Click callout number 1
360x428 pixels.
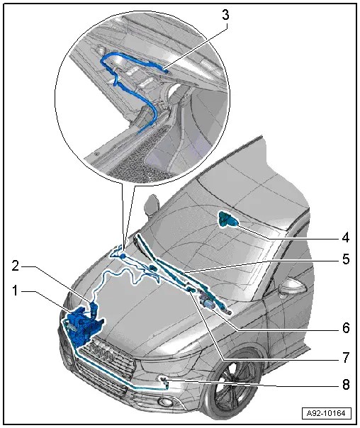15,291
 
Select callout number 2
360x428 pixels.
16,266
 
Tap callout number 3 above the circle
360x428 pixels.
225,16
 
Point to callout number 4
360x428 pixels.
346,238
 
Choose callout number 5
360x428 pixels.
346,259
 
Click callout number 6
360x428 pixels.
346,327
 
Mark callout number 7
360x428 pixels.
346,358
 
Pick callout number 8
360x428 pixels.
346,385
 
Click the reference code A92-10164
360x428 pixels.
326,413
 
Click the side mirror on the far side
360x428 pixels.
151,205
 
